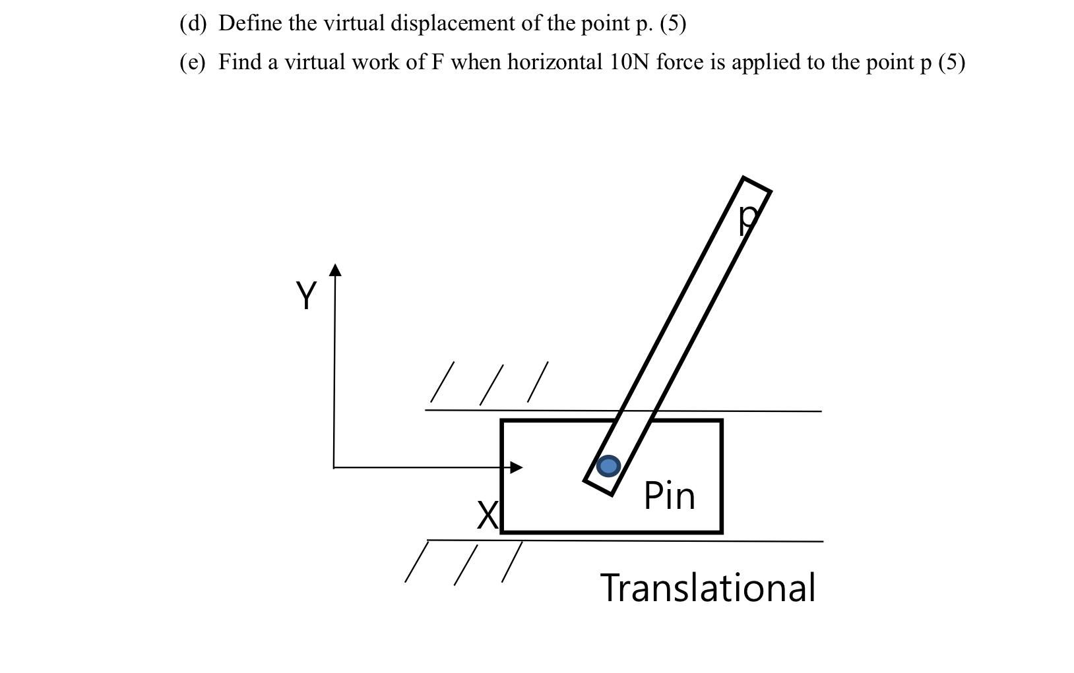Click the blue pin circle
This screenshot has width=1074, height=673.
[608, 466]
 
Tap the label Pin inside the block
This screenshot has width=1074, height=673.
[669, 496]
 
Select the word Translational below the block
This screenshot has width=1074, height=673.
[708, 588]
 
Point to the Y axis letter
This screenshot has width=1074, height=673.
[306, 295]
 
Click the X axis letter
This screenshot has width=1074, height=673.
[488, 515]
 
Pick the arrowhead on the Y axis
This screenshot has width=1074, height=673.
[336, 270]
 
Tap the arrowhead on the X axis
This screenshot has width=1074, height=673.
[517, 467]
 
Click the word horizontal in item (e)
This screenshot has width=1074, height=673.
[554, 62]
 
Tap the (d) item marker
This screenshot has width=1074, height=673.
[193, 24]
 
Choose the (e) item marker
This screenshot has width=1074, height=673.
[193, 62]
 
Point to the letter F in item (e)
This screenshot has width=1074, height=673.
[437, 62]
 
